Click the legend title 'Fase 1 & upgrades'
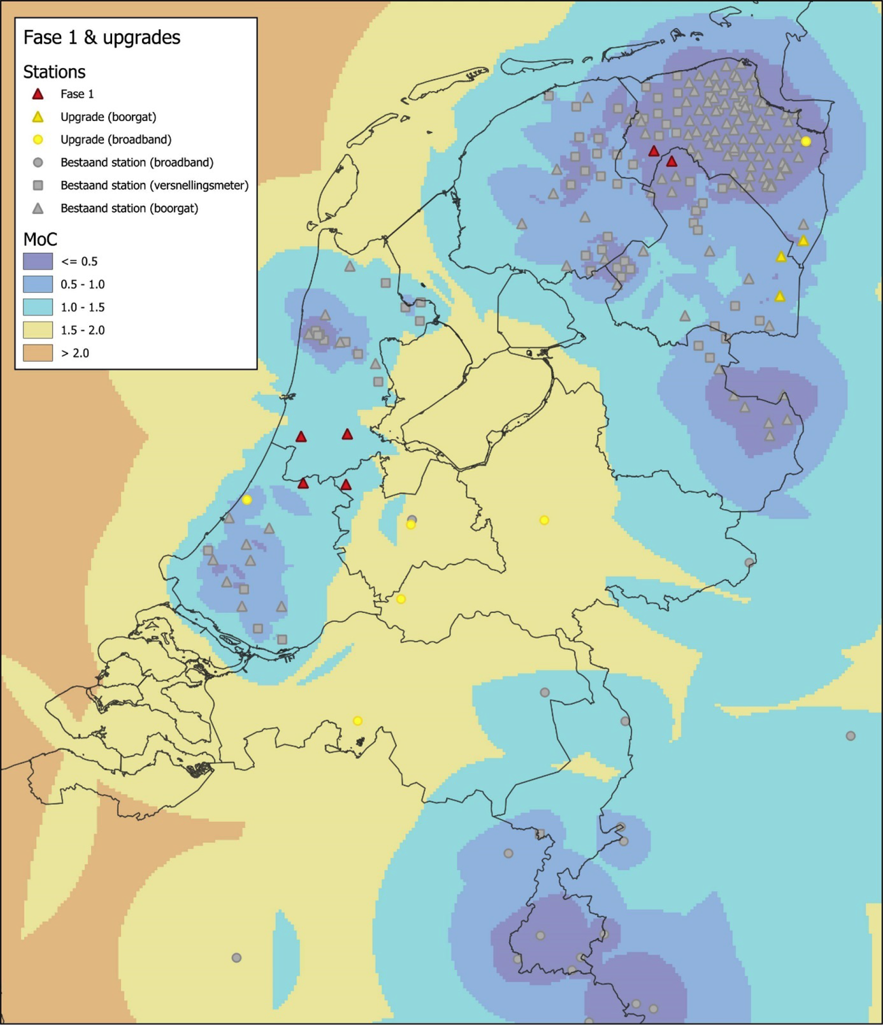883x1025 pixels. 101,37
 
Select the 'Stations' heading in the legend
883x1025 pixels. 54,72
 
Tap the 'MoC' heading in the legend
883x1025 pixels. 40,239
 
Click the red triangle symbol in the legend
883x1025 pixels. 38,94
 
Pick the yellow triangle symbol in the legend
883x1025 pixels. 38,117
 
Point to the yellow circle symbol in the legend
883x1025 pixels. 38,139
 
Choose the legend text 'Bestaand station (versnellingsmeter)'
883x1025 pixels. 154,185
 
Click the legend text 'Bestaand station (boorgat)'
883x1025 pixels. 129,208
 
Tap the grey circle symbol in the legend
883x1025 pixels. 38,162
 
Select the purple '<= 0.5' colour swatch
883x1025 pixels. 38,261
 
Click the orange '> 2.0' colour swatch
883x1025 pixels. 38,353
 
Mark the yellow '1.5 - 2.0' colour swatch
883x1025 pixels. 38,330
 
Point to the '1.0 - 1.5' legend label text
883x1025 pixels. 82,307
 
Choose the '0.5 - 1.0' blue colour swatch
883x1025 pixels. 38,284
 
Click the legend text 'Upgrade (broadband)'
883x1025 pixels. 116,139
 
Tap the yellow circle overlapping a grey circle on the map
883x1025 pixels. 411,524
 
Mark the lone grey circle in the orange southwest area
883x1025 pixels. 237,958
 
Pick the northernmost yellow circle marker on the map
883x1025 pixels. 806,141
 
